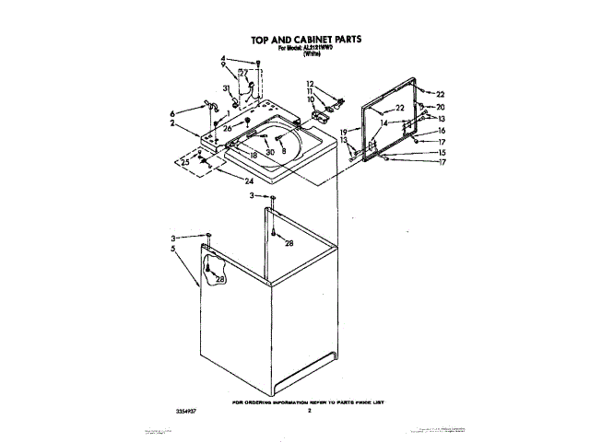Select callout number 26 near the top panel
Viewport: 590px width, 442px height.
point(228,128)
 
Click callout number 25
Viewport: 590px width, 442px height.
point(184,162)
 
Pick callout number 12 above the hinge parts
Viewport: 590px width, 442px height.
point(311,84)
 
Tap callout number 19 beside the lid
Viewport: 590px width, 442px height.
point(344,133)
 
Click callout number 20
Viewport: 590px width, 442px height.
point(441,107)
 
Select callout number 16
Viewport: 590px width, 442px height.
point(441,131)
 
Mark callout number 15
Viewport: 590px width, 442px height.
point(441,153)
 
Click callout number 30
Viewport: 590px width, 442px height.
point(270,152)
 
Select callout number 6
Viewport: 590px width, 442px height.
point(172,113)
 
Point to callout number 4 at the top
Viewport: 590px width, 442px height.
point(223,59)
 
